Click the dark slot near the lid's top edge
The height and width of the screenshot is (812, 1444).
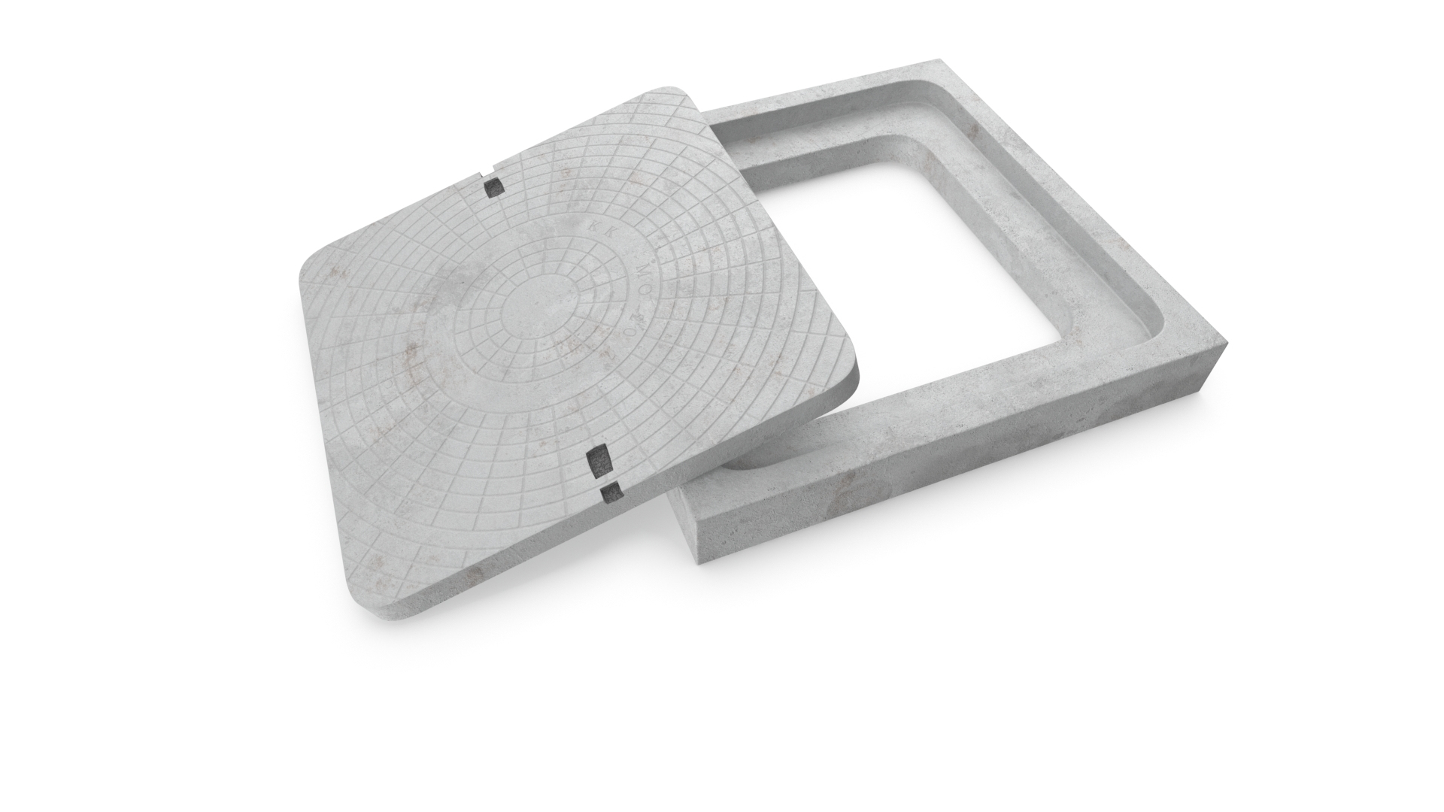click(493, 186)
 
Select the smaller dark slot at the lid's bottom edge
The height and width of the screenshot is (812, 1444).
click(611, 492)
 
